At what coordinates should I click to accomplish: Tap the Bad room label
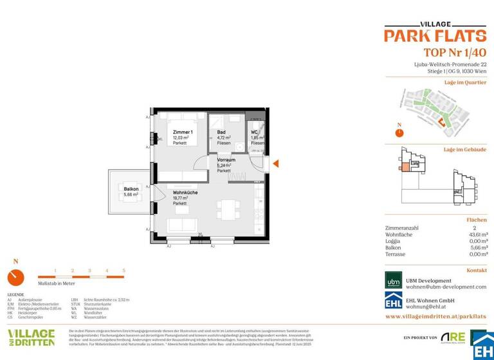click(221, 131)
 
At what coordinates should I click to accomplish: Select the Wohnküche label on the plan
click(185, 192)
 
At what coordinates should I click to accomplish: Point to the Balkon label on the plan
click(131, 189)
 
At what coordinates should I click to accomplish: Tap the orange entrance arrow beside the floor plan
click(275, 165)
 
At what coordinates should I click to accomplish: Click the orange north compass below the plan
click(15, 277)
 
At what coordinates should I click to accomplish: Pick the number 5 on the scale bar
click(123, 271)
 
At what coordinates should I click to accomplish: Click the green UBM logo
click(394, 280)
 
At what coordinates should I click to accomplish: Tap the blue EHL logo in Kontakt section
click(394, 302)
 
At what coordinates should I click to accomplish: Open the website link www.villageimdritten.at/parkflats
click(435, 317)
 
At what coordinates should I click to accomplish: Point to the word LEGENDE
click(15, 294)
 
